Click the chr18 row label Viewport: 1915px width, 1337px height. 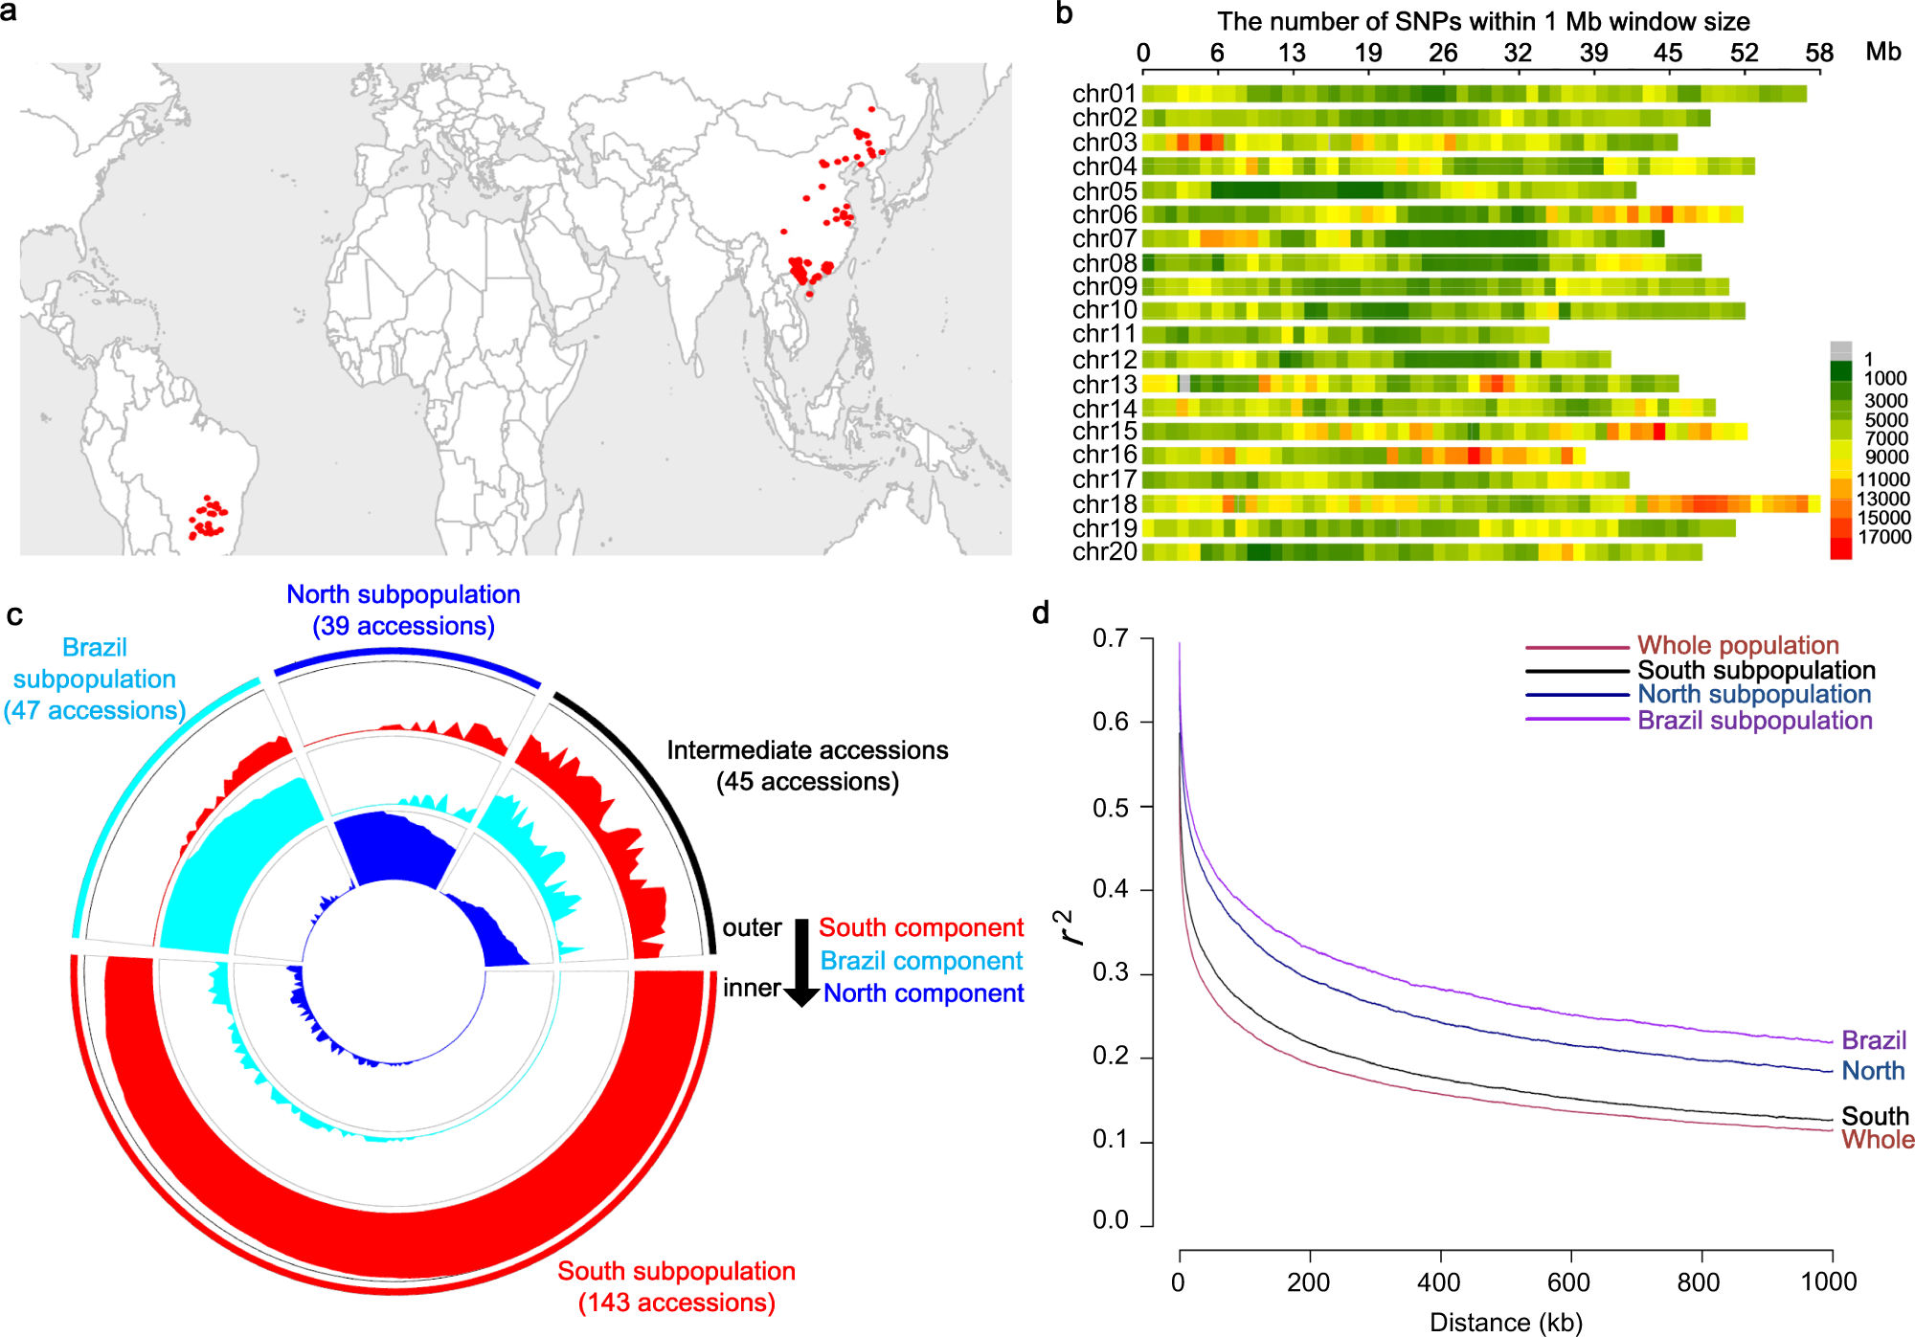coord(1104,504)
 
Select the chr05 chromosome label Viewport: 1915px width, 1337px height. coord(1104,191)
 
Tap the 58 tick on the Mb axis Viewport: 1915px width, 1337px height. coord(1818,54)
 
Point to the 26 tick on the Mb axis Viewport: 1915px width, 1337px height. coord(1442,54)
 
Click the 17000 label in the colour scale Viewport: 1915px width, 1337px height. coord(1883,537)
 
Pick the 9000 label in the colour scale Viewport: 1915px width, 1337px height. coord(1885,457)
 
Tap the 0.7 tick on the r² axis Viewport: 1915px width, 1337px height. coord(1111,638)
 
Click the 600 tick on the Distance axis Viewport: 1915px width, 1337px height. coord(1569,1281)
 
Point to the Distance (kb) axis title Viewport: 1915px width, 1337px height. coord(1505,1322)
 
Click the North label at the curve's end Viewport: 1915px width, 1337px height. coord(1873,1070)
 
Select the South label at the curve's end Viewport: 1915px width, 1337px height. coord(1875,1116)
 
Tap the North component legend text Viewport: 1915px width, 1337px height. coord(923,993)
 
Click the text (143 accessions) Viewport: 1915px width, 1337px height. coord(676,1303)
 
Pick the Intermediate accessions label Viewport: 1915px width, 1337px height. coord(807,750)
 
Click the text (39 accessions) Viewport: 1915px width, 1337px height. coord(403,626)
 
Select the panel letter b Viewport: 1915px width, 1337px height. coord(1064,13)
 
